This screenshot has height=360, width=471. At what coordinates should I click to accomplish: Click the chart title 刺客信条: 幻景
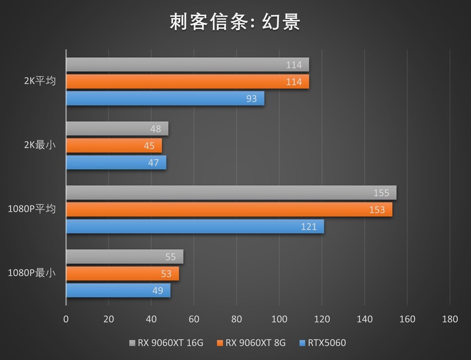pyautogui.click(x=235, y=22)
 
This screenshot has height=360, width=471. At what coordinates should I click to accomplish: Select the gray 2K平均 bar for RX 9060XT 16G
pyautogui.click(x=187, y=65)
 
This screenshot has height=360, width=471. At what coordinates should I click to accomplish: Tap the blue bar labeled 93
pyautogui.click(x=165, y=98)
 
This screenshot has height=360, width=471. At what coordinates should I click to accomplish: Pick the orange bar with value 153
pyautogui.click(x=228, y=209)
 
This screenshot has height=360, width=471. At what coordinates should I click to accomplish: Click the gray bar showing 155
pyautogui.click(x=231, y=193)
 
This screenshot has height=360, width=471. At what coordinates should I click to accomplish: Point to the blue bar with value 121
pyautogui.click(x=194, y=226)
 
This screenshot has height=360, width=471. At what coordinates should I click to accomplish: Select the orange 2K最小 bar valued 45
pyautogui.click(x=114, y=146)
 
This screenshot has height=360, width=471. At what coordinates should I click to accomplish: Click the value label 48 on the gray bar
pyautogui.click(x=156, y=128)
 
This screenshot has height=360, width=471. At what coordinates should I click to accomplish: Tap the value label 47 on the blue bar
pyautogui.click(x=154, y=163)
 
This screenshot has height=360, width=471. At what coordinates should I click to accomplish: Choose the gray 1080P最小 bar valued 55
pyautogui.click(x=124, y=256)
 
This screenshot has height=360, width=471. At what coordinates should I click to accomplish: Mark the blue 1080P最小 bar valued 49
pyautogui.click(x=118, y=290)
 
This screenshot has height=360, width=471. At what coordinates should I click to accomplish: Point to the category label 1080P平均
pyautogui.click(x=32, y=209)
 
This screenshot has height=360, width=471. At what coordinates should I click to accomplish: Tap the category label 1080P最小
pyautogui.click(x=32, y=273)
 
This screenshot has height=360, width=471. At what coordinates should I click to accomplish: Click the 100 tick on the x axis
pyautogui.click(x=279, y=319)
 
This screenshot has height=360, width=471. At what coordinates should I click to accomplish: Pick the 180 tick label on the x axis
pyautogui.click(x=449, y=319)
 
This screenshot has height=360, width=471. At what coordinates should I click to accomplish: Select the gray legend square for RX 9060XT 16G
pyautogui.click(x=132, y=343)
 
